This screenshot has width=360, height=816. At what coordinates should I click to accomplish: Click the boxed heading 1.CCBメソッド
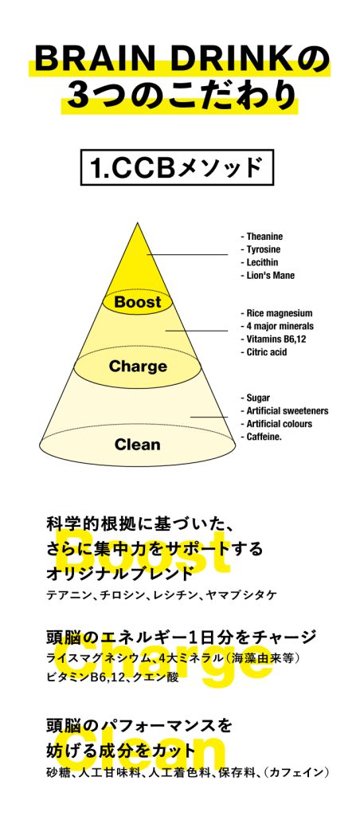click(177, 167)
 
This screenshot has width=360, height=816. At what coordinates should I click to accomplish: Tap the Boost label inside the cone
click(138, 302)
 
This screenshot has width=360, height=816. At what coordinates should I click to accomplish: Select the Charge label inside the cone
click(138, 367)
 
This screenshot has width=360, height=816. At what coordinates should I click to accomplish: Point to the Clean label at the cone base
click(137, 445)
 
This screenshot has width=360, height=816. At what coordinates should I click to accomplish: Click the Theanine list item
click(262, 236)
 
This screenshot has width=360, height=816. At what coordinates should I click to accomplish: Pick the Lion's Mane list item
click(268, 275)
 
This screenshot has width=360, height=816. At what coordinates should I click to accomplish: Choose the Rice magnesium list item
click(276, 313)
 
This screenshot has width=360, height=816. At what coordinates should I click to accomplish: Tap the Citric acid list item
click(264, 352)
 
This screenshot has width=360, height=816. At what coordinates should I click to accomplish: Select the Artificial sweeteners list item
click(284, 410)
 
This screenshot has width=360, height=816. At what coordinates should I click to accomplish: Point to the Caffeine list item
click(261, 437)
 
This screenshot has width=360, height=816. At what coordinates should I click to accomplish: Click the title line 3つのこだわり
click(180, 96)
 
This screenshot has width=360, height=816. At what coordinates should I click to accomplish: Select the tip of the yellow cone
click(138, 223)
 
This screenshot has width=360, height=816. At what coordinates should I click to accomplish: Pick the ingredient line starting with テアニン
click(161, 594)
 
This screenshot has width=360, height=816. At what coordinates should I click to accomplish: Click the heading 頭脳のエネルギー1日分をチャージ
click(181, 637)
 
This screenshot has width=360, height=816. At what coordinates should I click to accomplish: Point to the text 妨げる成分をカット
click(121, 751)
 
